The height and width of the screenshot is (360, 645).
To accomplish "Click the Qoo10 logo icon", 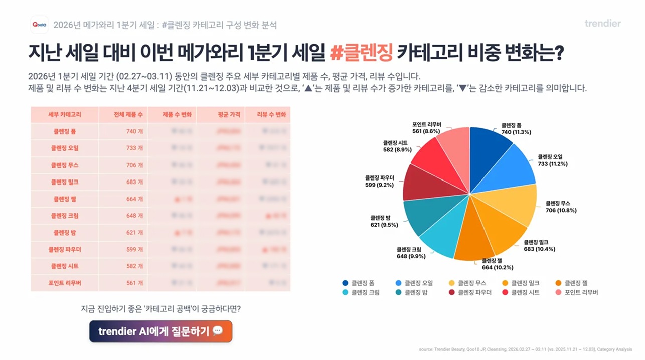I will (39, 25).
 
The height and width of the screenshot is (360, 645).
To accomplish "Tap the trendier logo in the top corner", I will (602, 24).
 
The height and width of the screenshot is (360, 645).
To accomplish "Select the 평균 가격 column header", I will (221, 115).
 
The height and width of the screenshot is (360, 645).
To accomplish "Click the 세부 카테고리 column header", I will (65, 115).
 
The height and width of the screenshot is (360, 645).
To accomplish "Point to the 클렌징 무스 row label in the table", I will (65, 165).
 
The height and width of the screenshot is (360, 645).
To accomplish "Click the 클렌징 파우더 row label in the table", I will (65, 249).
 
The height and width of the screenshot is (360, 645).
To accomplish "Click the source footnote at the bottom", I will (525, 349).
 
